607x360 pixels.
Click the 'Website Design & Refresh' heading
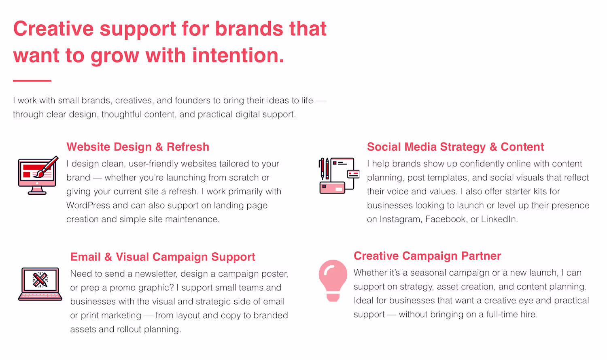138,147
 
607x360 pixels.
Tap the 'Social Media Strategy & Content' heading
455,147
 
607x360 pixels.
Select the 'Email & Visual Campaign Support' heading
163,257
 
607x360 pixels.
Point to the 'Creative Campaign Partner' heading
427,256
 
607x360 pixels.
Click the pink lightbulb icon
333,280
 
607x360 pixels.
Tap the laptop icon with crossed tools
40,284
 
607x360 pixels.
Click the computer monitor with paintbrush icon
38,175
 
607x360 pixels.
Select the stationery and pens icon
339,176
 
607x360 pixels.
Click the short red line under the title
32,81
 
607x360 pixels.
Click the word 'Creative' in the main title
53,28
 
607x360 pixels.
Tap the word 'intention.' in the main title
238,55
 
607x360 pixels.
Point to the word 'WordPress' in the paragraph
88,205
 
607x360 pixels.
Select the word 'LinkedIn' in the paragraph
499,219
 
